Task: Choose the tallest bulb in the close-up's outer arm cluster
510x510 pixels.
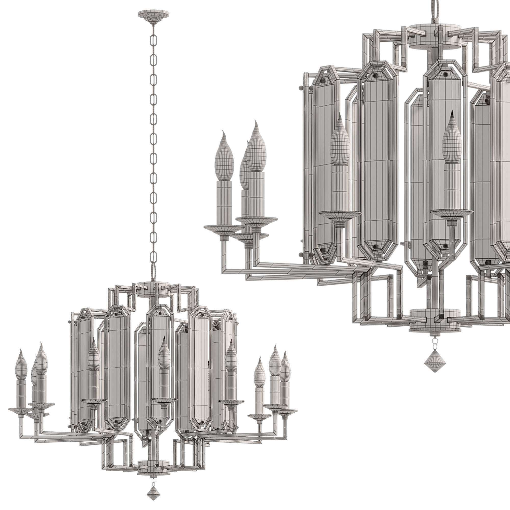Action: click(x=256, y=148)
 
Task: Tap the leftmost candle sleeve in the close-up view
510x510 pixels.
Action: click(x=225, y=201)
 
